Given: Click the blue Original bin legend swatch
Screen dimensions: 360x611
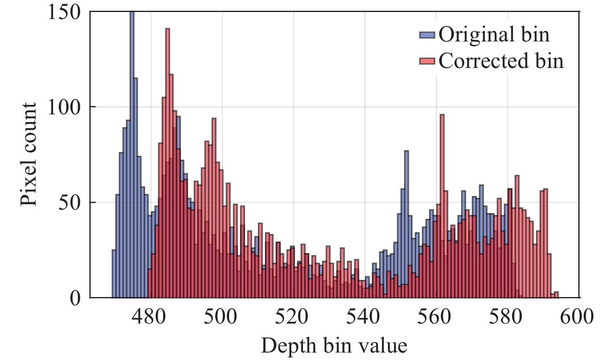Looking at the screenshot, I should click(427, 35).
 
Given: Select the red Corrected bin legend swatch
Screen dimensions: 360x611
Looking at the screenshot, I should click(427, 61).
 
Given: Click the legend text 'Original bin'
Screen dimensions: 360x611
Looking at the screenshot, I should click(494, 34).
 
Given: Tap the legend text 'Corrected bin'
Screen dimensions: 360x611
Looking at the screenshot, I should click(501, 61).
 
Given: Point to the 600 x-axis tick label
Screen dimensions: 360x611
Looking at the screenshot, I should click(577, 317).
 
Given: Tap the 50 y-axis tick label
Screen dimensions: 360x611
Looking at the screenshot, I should click(70, 203).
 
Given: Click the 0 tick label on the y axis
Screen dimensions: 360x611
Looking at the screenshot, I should click(75, 298).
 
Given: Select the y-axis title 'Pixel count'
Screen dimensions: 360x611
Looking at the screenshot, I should click(29, 154).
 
